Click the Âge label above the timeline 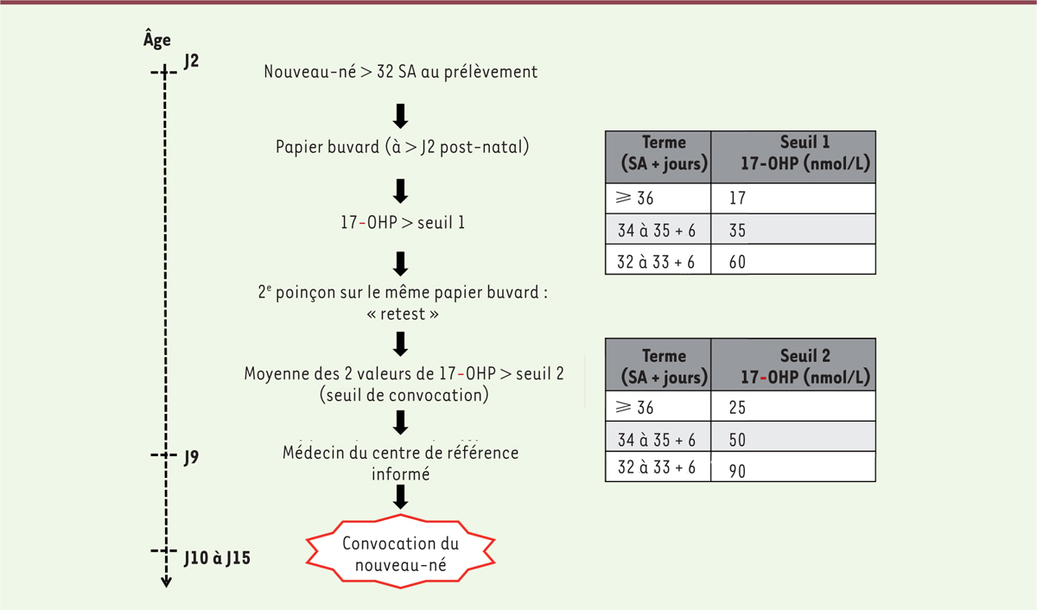(x=157, y=40)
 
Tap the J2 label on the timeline (x=191, y=61)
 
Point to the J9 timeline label (x=191, y=457)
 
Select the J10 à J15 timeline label (x=217, y=558)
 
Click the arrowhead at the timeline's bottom (x=166, y=581)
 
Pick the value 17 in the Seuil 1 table (x=737, y=198)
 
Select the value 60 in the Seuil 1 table (x=737, y=262)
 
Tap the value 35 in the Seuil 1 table (x=737, y=231)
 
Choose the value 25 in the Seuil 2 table (x=737, y=407)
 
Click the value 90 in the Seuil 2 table (x=737, y=471)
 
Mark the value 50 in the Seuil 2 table (x=737, y=440)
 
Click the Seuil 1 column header (x=805, y=153)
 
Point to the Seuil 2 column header (x=805, y=366)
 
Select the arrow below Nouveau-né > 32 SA (x=400, y=116)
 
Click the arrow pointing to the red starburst (x=400, y=497)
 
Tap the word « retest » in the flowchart (x=403, y=315)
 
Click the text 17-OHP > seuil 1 (x=403, y=223)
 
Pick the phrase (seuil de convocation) (x=404, y=395)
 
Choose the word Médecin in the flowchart (x=314, y=452)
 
